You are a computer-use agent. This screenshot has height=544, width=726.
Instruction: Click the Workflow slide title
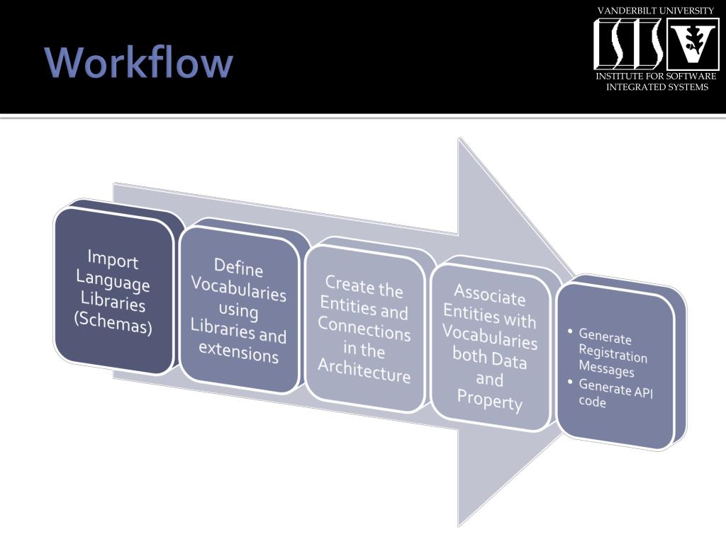click(x=139, y=62)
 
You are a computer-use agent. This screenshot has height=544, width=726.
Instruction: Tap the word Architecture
click(x=364, y=370)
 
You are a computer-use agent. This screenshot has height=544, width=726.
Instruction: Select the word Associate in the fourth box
click(x=489, y=295)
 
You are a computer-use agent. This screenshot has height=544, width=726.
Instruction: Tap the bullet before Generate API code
click(x=571, y=382)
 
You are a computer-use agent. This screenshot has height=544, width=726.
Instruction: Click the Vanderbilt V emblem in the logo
click(x=693, y=44)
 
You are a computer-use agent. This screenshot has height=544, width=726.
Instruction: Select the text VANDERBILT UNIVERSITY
click(x=656, y=11)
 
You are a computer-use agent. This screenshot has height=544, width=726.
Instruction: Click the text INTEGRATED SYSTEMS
click(x=657, y=87)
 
